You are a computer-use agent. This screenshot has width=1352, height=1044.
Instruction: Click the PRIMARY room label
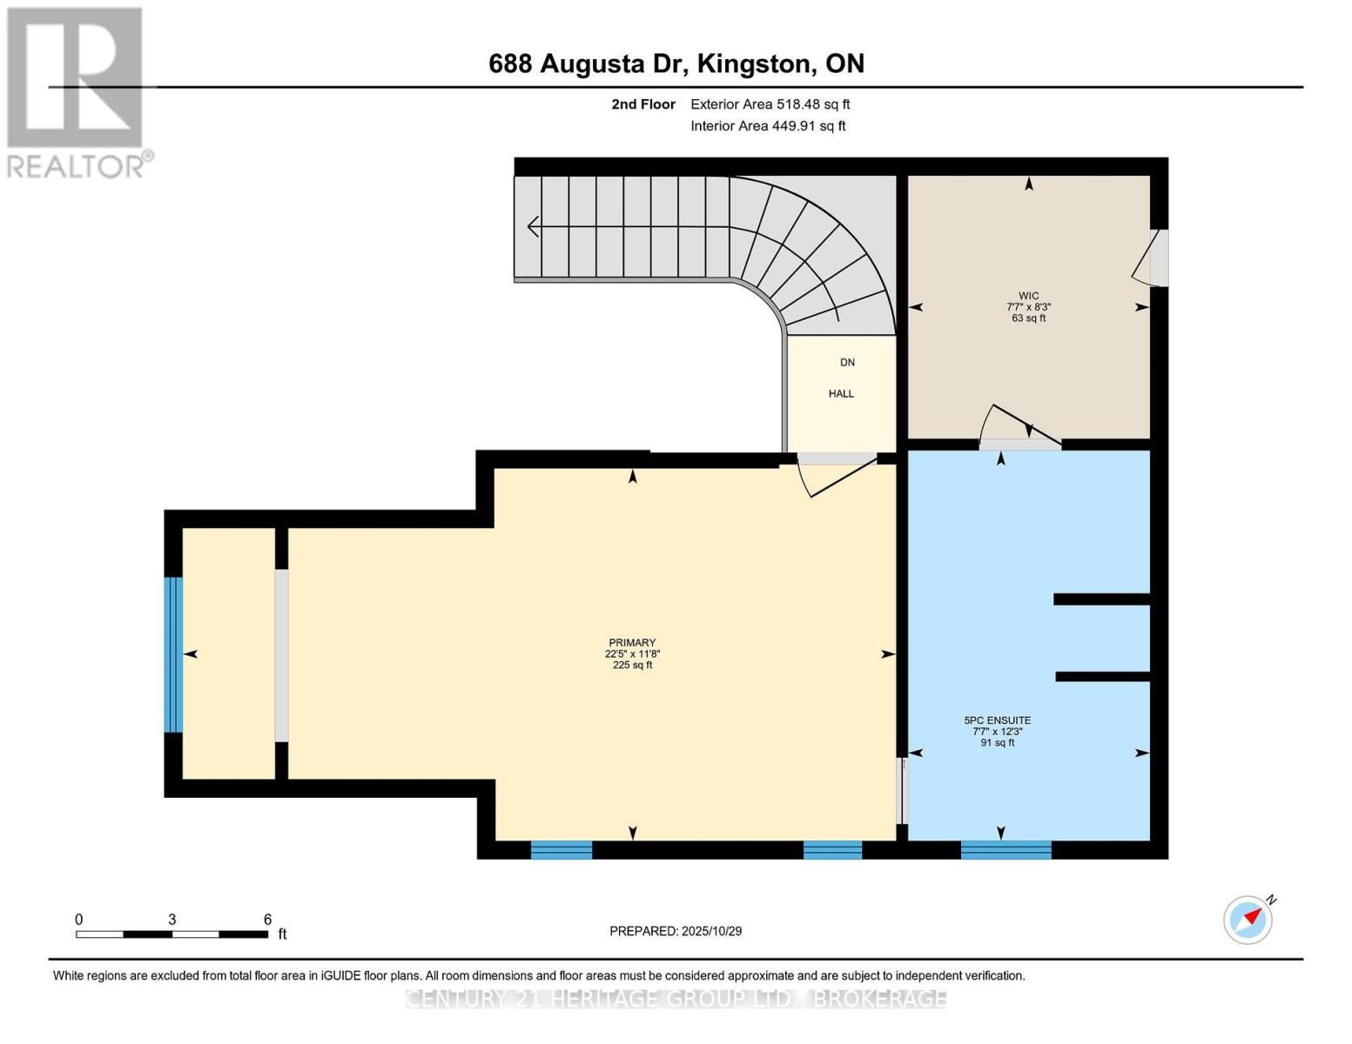click(x=631, y=642)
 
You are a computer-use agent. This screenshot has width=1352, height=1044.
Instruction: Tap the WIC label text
click(x=1028, y=296)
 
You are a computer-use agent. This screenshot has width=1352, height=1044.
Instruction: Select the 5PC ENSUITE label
click(x=998, y=720)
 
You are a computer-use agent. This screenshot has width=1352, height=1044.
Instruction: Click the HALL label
click(x=841, y=393)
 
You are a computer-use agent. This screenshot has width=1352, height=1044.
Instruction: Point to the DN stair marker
click(x=847, y=363)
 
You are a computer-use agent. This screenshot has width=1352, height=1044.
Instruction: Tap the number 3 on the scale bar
click(x=172, y=919)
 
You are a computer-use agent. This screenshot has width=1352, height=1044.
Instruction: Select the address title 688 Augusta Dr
click(x=589, y=64)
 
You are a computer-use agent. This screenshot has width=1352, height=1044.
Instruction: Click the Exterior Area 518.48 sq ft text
click(x=770, y=104)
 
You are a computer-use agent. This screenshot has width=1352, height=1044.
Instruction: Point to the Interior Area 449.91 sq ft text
click(x=768, y=126)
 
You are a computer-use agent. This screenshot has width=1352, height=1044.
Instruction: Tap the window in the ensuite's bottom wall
click(x=1006, y=849)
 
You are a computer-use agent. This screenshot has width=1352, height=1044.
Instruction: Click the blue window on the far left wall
click(x=173, y=655)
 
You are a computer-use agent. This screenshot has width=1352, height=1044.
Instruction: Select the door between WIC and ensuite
click(x=1019, y=428)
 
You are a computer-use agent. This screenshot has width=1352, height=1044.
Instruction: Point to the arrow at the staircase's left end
click(x=533, y=226)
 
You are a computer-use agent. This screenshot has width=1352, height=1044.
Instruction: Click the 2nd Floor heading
click(x=642, y=104)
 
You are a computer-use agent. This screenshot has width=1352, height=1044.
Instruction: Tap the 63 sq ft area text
click(x=1028, y=318)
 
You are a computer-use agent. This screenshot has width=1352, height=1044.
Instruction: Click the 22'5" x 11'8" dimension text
click(x=631, y=653)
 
